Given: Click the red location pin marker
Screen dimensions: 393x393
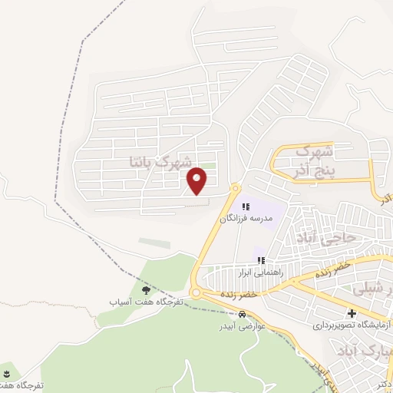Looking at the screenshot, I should [x=198, y=180].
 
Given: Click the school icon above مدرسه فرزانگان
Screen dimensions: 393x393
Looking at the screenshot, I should [x=246, y=206].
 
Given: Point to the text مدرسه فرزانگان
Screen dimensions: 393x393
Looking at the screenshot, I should [x=247, y=218].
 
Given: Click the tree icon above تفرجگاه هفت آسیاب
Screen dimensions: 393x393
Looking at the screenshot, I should [x=147, y=291].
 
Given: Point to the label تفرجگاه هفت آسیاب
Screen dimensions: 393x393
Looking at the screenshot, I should [x=147, y=302].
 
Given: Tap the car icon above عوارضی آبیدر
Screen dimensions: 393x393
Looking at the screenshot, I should [x=242, y=314].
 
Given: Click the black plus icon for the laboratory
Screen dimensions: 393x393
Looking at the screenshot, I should [x=352, y=313].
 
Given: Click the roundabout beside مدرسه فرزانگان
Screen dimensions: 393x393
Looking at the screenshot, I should [x=235, y=188].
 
